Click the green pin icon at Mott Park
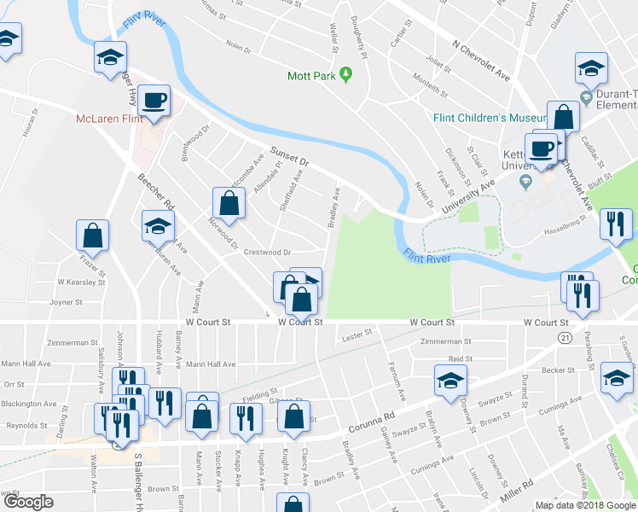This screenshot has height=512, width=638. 346,76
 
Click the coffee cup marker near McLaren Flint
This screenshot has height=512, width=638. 154,101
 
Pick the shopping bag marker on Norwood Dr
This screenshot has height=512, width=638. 229,203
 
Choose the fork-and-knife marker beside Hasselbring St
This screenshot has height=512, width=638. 616,224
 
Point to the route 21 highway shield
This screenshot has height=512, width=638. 565,339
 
